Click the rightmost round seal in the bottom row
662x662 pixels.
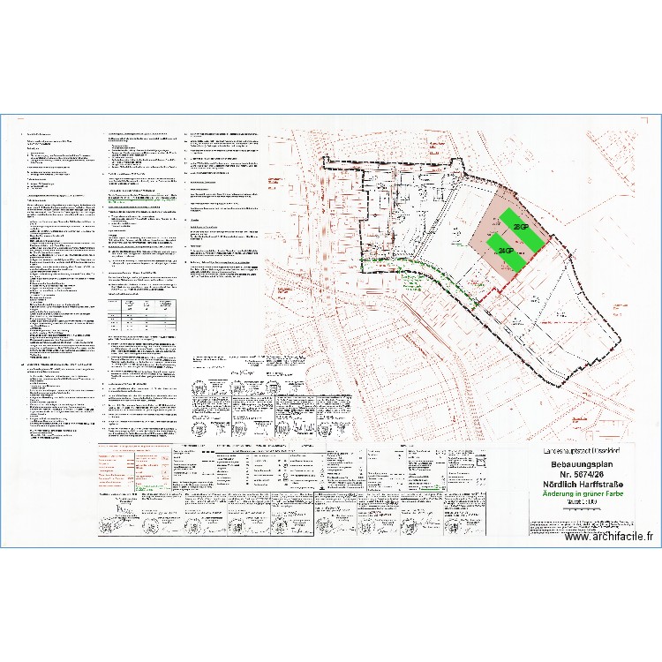coord(459,523)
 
